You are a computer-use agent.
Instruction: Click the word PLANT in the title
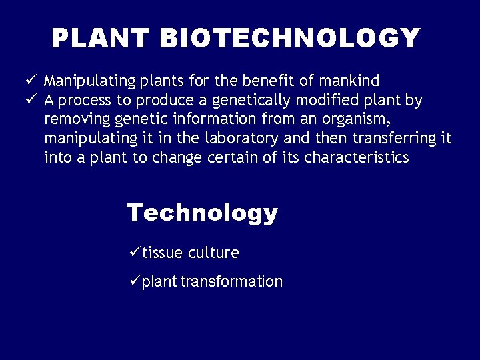[102, 39]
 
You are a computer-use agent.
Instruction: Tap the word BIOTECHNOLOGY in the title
[290, 39]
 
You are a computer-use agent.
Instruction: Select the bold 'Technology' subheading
[202, 213]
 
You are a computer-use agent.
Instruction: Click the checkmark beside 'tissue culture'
[133, 252]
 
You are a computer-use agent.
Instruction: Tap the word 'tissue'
[162, 253]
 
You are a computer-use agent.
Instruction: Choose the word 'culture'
[213, 253]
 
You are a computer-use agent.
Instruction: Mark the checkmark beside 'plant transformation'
[133, 281]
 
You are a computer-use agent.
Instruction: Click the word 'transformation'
[232, 281]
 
